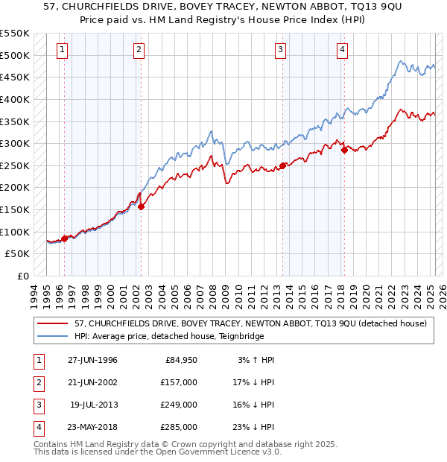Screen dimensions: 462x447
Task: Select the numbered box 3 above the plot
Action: [x=280, y=50]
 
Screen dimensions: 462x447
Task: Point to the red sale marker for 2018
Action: [x=344, y=150]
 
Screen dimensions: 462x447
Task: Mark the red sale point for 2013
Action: [x=283, y=165]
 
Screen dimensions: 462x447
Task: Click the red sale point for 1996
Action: [x=65, y=238]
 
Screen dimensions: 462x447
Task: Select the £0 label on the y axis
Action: [x=22, y=276]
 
